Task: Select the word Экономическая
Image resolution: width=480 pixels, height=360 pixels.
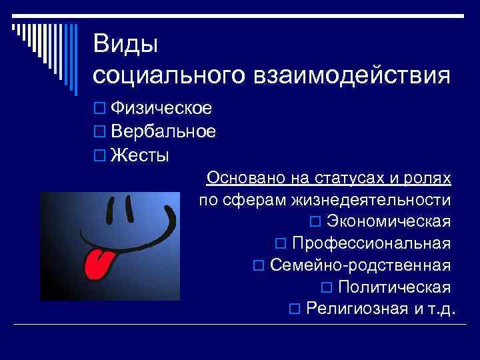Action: (389, 221)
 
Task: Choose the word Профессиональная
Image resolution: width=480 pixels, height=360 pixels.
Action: (371, 243)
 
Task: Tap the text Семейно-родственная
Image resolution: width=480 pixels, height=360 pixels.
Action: (361, 265)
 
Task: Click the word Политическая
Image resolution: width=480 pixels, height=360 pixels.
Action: (394, 287)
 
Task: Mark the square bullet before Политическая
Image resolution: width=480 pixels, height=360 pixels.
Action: (326, 288)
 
